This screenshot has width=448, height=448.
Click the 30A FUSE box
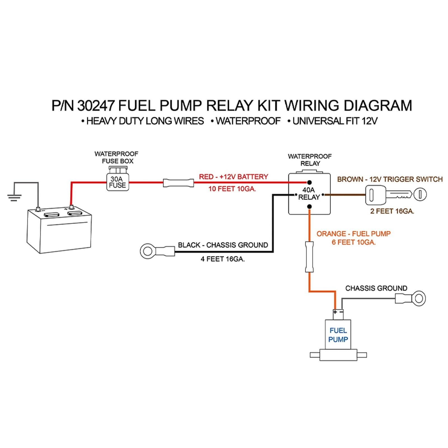(x=118, y=182)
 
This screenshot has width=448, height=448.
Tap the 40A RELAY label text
(x=309, y=193)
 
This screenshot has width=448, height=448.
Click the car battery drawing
(x=59, y=230)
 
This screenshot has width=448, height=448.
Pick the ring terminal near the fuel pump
(x=418, y=298)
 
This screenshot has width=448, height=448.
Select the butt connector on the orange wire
(x=309, y=257)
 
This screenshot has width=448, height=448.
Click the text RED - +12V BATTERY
(x=234, y=177)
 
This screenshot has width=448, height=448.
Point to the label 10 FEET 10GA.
(x=232, y=189)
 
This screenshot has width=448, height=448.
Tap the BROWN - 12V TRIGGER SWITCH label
(x=390, y=179)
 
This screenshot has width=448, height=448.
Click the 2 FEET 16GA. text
(x=392, y=211)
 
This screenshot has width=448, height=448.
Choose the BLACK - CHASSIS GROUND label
(x=223, y=245)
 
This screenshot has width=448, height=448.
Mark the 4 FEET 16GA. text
(x=223, y=259)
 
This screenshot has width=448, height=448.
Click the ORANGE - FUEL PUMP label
(x=353, y=234)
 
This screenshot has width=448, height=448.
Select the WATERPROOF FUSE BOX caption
(x=117, y=157)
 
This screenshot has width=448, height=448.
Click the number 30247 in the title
(x=96, y=106)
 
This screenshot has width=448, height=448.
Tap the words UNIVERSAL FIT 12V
(x=335, y=121)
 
